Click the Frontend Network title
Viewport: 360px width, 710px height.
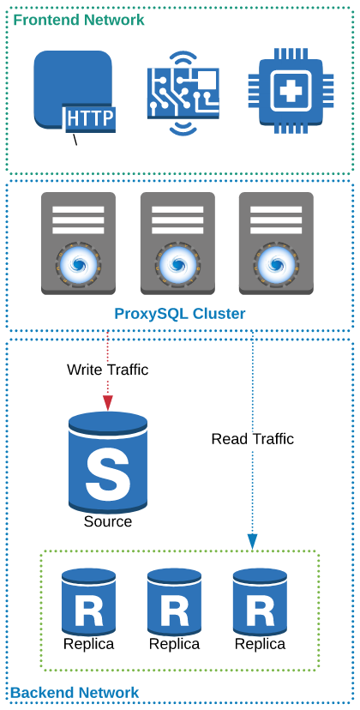(79, 20)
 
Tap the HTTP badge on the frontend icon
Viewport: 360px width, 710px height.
(90, 118)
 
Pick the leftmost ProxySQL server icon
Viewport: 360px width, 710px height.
(78, 244)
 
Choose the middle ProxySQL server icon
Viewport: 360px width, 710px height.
(177, 244)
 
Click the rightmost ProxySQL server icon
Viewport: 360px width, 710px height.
(276, 244)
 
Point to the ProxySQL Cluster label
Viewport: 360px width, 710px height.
(180, 314)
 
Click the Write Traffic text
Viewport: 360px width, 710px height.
(108, 370)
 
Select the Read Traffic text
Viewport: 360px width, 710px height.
(253, 439)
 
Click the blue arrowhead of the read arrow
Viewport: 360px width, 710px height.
(253, 541)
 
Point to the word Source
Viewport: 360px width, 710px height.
(108, 521)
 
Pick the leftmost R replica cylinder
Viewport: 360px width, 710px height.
(88, 602)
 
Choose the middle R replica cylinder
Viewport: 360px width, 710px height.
(174, 602)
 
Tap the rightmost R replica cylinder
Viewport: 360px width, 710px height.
(260, 602)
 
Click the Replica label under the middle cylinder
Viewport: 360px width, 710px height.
(174, 644)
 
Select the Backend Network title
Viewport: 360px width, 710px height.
(75, 693)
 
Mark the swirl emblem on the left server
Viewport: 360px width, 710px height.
(78, 265)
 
